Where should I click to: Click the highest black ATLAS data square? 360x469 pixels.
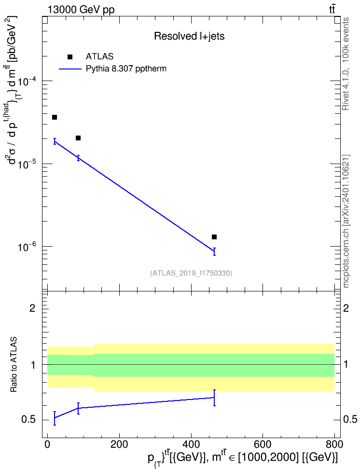(55, 117)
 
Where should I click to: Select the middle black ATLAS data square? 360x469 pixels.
(78, 138)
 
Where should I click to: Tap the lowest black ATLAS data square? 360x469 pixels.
(214, 237)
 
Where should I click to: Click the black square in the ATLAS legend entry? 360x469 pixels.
(70, 57)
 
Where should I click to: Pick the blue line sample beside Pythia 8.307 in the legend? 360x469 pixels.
(70, 69)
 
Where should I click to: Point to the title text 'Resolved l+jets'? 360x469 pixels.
(189, 36)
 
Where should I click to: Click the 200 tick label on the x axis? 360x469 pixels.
(119, 444)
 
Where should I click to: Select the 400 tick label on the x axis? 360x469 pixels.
(191, 444)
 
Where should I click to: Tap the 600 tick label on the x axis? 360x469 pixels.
(263, 444)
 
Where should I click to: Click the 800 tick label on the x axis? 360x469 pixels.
(334, 444)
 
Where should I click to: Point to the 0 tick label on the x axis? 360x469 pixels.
(47, 444)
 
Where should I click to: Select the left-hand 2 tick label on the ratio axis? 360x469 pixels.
(32, 308)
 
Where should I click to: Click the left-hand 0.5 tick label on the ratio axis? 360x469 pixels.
(28, 420)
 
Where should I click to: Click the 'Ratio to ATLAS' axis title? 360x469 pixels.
(14, 365)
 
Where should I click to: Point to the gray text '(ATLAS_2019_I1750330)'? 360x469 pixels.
(191, 273)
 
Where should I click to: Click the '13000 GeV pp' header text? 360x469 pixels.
(81, 10)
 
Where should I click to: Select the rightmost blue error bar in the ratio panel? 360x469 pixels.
(214, 398)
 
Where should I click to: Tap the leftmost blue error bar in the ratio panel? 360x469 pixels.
(55, 418)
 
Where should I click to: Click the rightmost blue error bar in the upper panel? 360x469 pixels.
(214, 251)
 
